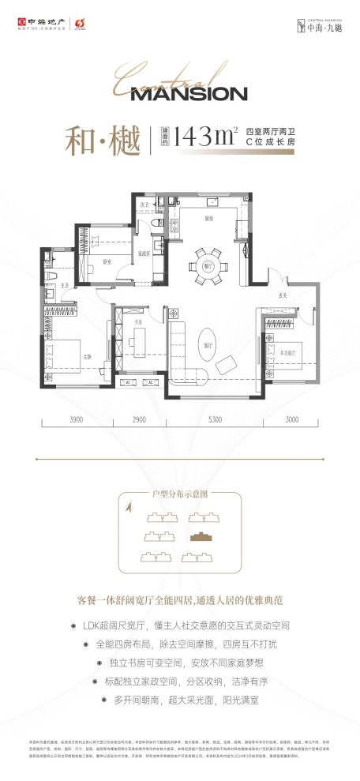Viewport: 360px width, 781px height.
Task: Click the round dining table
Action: click(x=209, y=262)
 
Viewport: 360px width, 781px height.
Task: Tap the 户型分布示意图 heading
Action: click(x=180, y=493)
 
